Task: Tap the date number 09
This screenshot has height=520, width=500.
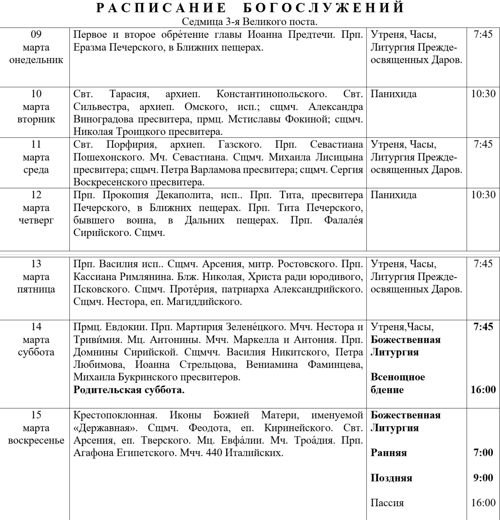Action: coord(36,35)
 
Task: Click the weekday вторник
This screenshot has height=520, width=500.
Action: coord(36,119)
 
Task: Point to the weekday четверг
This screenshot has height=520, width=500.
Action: coord(36,220)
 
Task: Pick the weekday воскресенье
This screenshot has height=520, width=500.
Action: coord(36,440)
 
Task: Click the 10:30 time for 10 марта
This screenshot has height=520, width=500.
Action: coord(483,94)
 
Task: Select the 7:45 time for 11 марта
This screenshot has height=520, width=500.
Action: coord(483,144)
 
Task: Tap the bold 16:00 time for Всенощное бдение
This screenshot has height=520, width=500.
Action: coord(483,389)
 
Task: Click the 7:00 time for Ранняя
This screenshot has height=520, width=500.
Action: coord(483,452)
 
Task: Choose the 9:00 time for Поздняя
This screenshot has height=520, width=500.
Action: coord(483,478)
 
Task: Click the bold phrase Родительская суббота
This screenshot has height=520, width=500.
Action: coord(129,390)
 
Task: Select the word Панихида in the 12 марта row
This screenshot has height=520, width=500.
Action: coord(393,195)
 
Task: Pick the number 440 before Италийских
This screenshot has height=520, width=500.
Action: coord(214,453)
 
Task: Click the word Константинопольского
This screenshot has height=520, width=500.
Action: coord(271,94)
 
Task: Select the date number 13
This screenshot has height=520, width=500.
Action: coord(36,264)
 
